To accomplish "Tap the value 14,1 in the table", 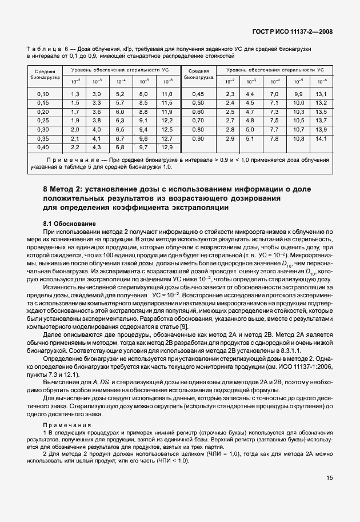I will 321,138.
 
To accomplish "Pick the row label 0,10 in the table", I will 43,93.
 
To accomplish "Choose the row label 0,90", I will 198,138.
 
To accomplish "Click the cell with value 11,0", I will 167,93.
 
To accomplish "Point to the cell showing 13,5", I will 321,111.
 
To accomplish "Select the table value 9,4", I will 143,129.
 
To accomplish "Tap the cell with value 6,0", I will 120,111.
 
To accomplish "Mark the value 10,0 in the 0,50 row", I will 298,102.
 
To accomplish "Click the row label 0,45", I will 198,93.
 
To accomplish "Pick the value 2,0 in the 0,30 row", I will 74,129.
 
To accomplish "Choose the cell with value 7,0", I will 274,93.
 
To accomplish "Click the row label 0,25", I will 43,120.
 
